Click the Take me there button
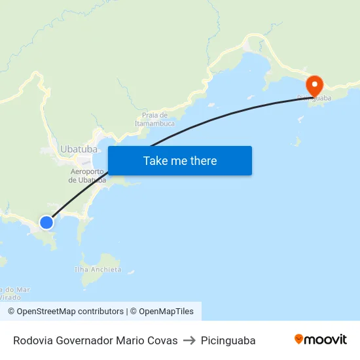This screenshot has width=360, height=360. point(180,161)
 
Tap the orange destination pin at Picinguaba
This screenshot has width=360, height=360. point(315,85)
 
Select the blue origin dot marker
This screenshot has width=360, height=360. point(46,223)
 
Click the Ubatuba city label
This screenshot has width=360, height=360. point(79,149)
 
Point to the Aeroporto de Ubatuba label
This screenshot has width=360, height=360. point(88,175)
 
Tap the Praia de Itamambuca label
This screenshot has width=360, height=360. point(155,118)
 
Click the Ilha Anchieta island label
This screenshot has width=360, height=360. point(98,269)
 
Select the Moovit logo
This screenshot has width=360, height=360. point(321,340)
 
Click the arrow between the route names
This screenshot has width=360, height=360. point(189,340)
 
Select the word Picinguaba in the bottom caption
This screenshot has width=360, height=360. point(228,340)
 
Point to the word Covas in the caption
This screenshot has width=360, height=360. point(162,340)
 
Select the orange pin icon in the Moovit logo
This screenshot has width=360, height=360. point(299,339)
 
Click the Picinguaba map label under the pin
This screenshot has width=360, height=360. point(314,99)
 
